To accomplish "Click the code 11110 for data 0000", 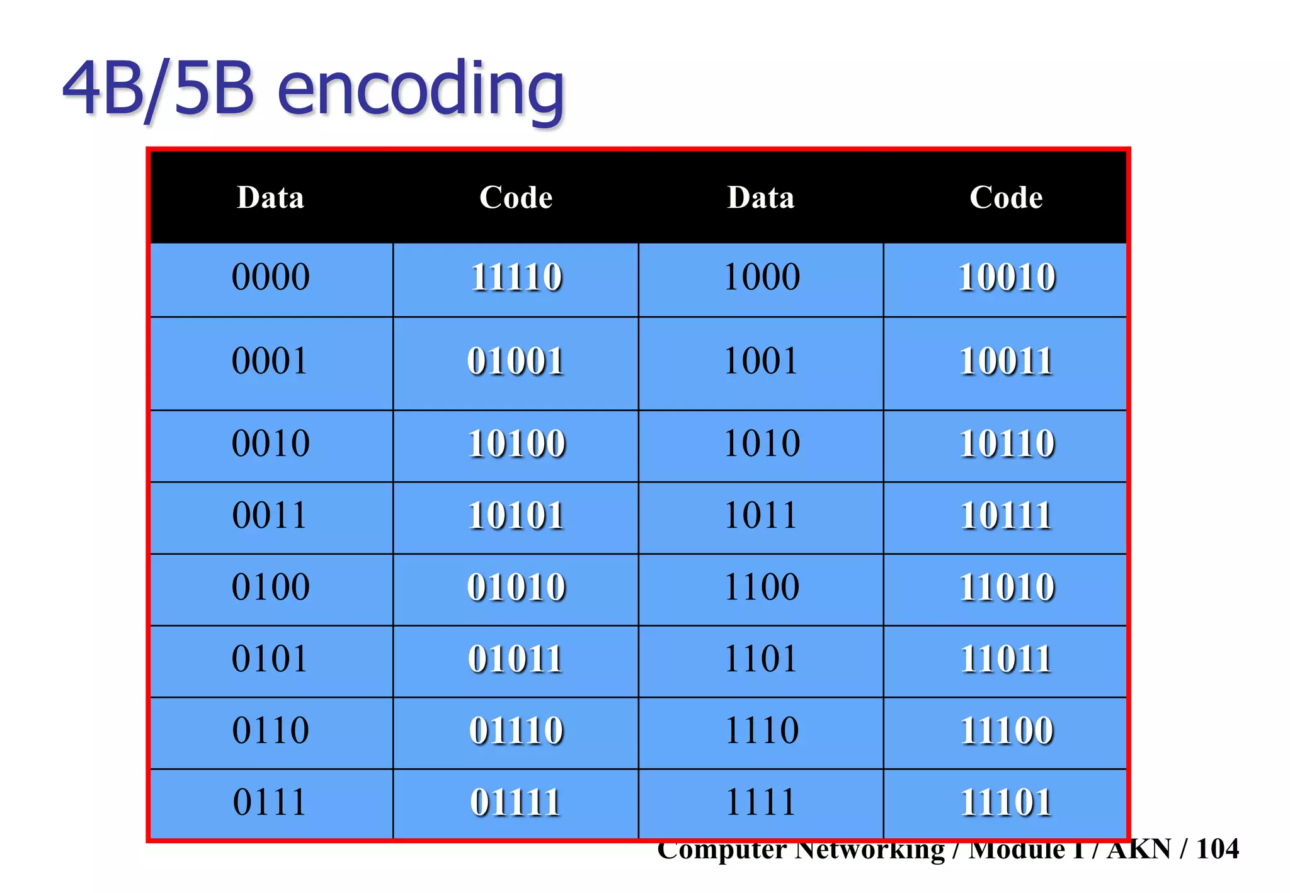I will coord(516,277).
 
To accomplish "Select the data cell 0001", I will coord(270,361).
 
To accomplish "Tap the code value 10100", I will coord(516,443).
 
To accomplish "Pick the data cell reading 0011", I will coord(270,515).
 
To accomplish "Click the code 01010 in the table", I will coord(516,587).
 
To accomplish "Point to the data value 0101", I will coord(270,659).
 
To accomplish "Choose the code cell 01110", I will coord(516,731).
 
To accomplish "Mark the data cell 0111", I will coord(270,802).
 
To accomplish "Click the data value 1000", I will coord(761,277).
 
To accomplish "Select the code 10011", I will coord(1006,361).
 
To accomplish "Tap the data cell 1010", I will coord(761,443).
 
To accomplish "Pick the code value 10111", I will coord(1006,515).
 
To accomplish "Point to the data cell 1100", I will coord(761,587).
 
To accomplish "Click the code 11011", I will coord(1006,659).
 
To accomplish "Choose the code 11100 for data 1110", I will coord(1006,731).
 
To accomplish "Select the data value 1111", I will coord(761,802).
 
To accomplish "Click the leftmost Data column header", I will coord(270,198).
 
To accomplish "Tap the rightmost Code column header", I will coord(1006,198).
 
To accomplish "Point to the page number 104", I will coord(1217,849).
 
